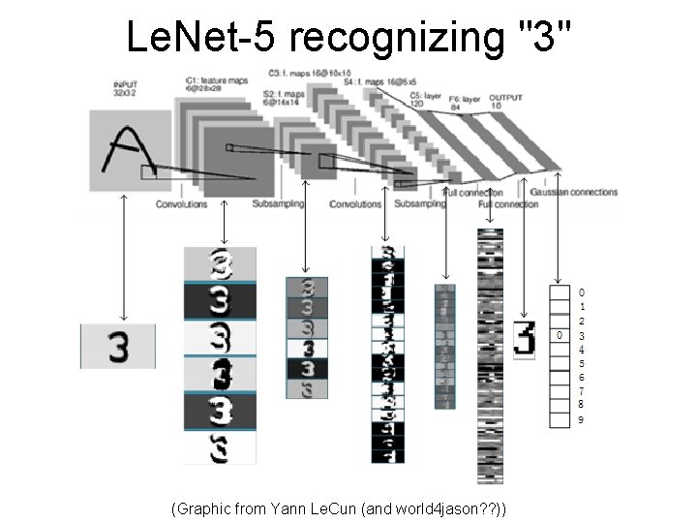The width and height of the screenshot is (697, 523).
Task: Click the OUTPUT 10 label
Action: pos(504,101)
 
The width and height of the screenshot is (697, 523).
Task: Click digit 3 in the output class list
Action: pos(581,335)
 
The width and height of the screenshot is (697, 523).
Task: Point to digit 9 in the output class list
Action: pos(581,419)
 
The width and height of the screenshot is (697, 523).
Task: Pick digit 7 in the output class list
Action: pos(581,391)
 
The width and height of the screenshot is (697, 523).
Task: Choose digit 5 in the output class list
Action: pos(581,363)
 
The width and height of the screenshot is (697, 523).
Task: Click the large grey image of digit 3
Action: pos(118,346)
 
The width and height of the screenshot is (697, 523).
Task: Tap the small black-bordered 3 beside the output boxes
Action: pos(524,340)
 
